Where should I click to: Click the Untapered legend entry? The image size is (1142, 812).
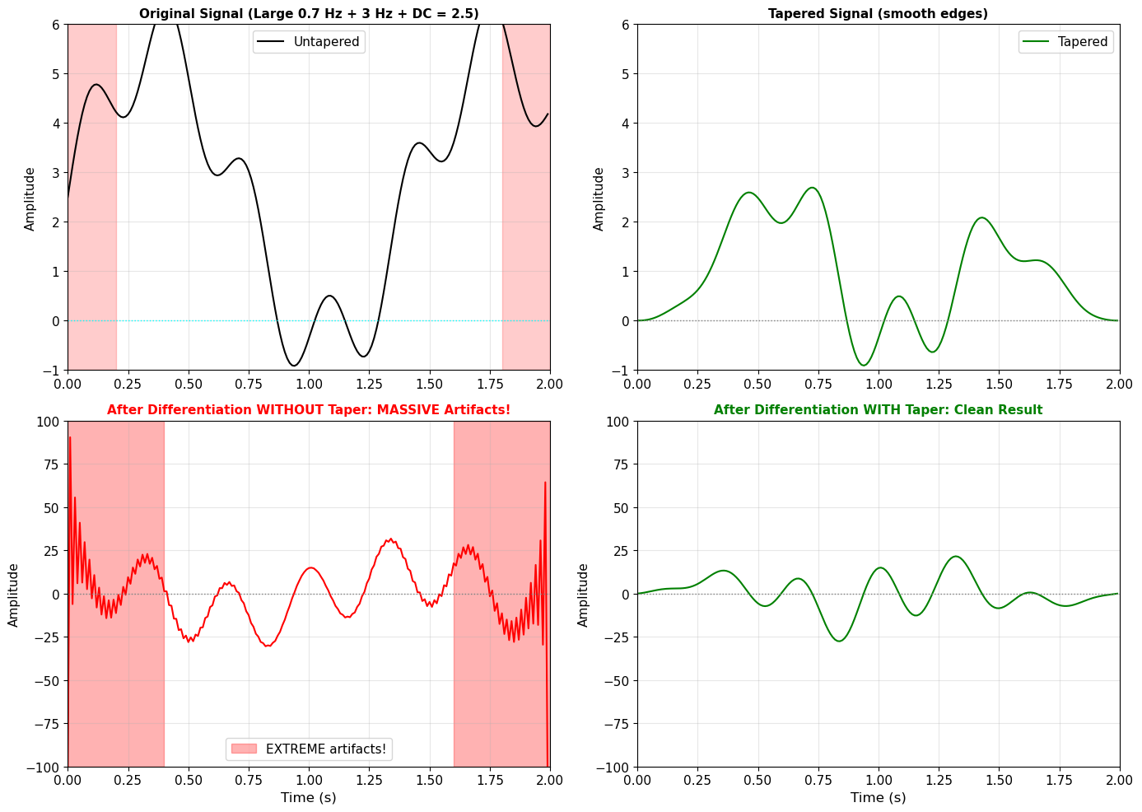tap(309, 42)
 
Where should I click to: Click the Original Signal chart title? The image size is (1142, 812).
tap(309, 14)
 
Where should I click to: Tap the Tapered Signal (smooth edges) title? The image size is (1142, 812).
tap(878, 14)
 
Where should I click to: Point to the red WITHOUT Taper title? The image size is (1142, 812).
tap(309, 410)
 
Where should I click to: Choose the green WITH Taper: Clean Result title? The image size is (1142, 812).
tap(878, 410)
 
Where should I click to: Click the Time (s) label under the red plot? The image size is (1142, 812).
tap(309, 797)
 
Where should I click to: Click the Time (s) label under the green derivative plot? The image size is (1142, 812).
tap(878, 797)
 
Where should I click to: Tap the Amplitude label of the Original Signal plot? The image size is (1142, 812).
tap(30, 198)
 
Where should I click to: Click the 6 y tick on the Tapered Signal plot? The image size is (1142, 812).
tap(626, 25)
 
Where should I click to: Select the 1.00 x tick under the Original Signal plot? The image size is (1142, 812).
tap(309, 383)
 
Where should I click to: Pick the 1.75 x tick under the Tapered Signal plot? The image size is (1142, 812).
tap(1058, 383)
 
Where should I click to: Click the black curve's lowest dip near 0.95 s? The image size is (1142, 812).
tap(294, 365)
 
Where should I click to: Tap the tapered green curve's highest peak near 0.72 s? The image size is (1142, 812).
tap(812, 189)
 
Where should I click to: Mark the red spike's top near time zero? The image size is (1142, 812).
tap(70, 438)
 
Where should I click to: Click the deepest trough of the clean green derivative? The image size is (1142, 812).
tap(840, 641)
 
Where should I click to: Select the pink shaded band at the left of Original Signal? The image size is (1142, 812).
tap(91, 198)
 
